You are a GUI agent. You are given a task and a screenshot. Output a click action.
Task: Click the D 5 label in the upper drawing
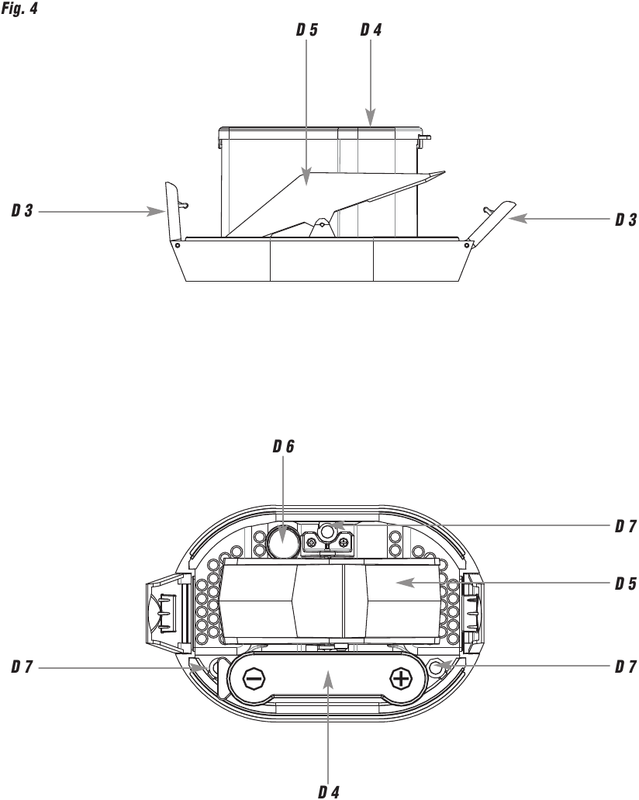coord(306,30)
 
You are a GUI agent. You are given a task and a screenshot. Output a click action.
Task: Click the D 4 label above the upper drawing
coord(371,30)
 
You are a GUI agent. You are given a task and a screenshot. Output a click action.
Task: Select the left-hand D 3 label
coord(22,211)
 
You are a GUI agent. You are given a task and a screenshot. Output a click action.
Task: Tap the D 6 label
coord(283,447)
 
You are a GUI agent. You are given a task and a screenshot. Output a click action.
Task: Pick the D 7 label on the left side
coord(22,665)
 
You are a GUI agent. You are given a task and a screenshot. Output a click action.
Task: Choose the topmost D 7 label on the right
coord(625,527)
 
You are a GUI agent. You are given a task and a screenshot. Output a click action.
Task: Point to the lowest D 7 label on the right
coord(625,665)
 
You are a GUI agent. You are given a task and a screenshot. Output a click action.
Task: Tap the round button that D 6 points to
coord(284,541)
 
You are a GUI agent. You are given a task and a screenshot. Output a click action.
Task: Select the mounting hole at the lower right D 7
coord(442,665)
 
